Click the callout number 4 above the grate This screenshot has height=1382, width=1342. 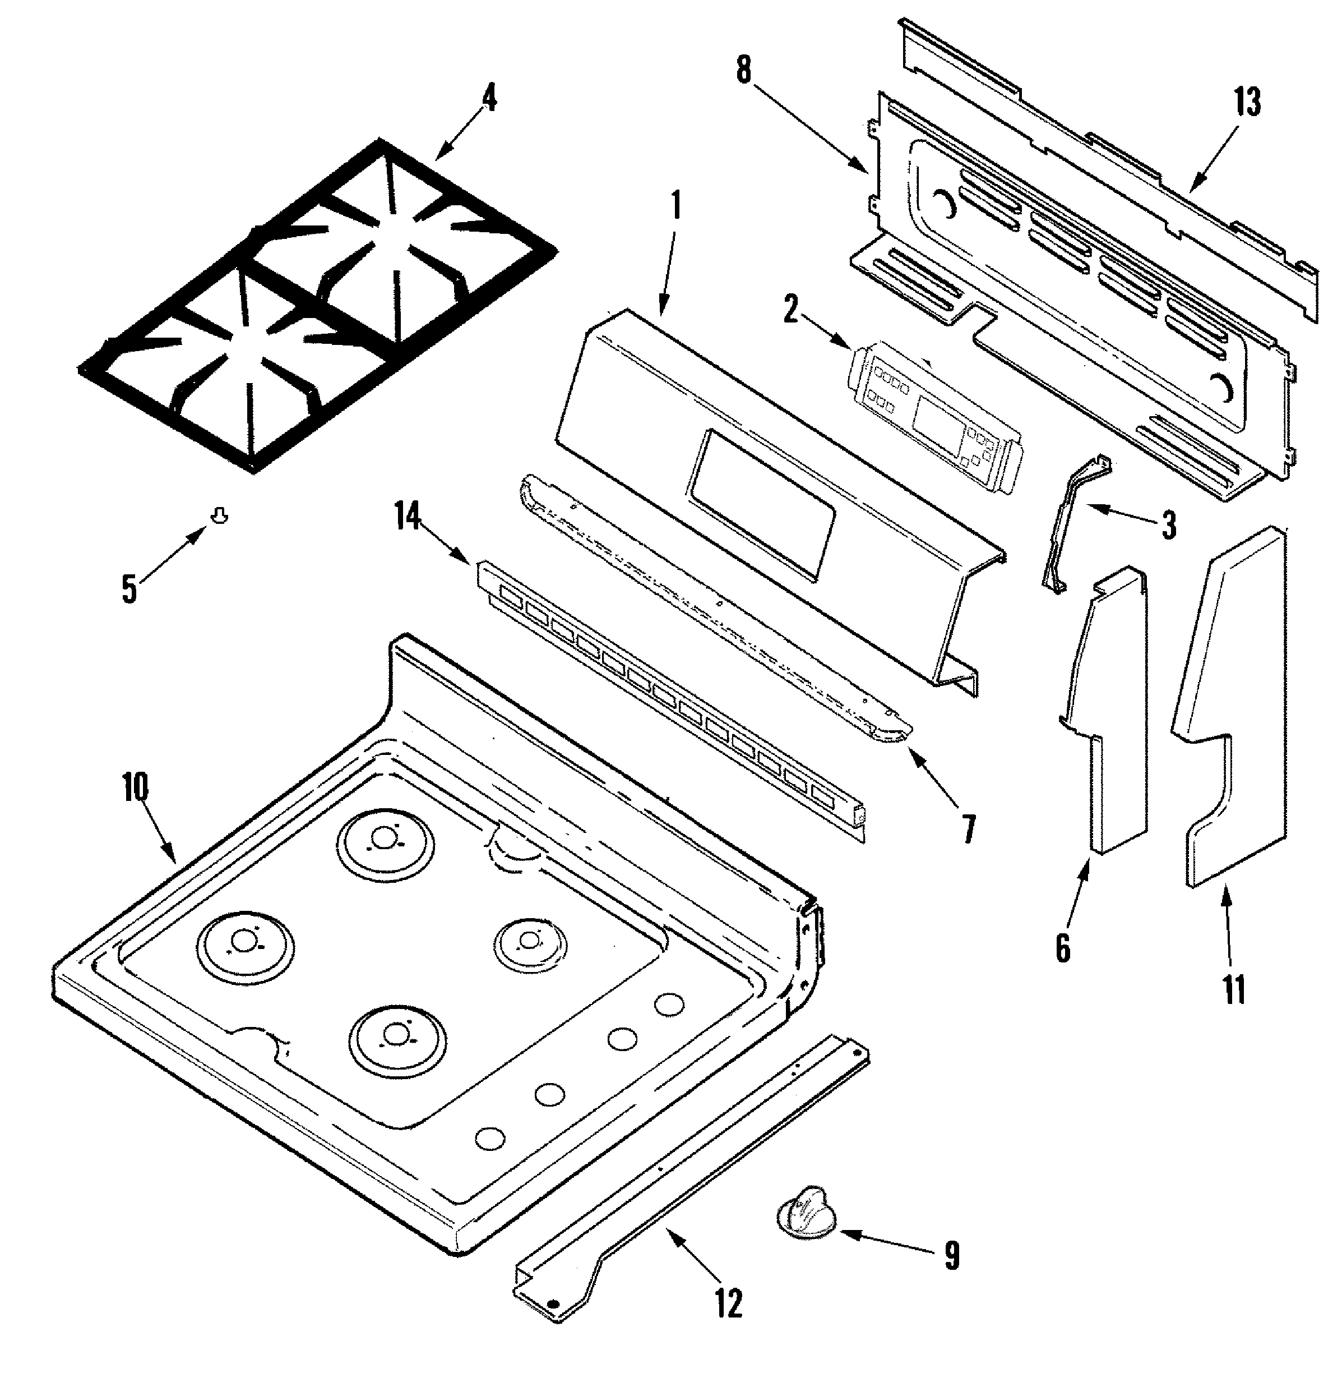489,99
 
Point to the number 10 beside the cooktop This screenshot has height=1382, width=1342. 135,787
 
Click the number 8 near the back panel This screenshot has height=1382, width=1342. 744,71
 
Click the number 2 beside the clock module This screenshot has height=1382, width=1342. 791,310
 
